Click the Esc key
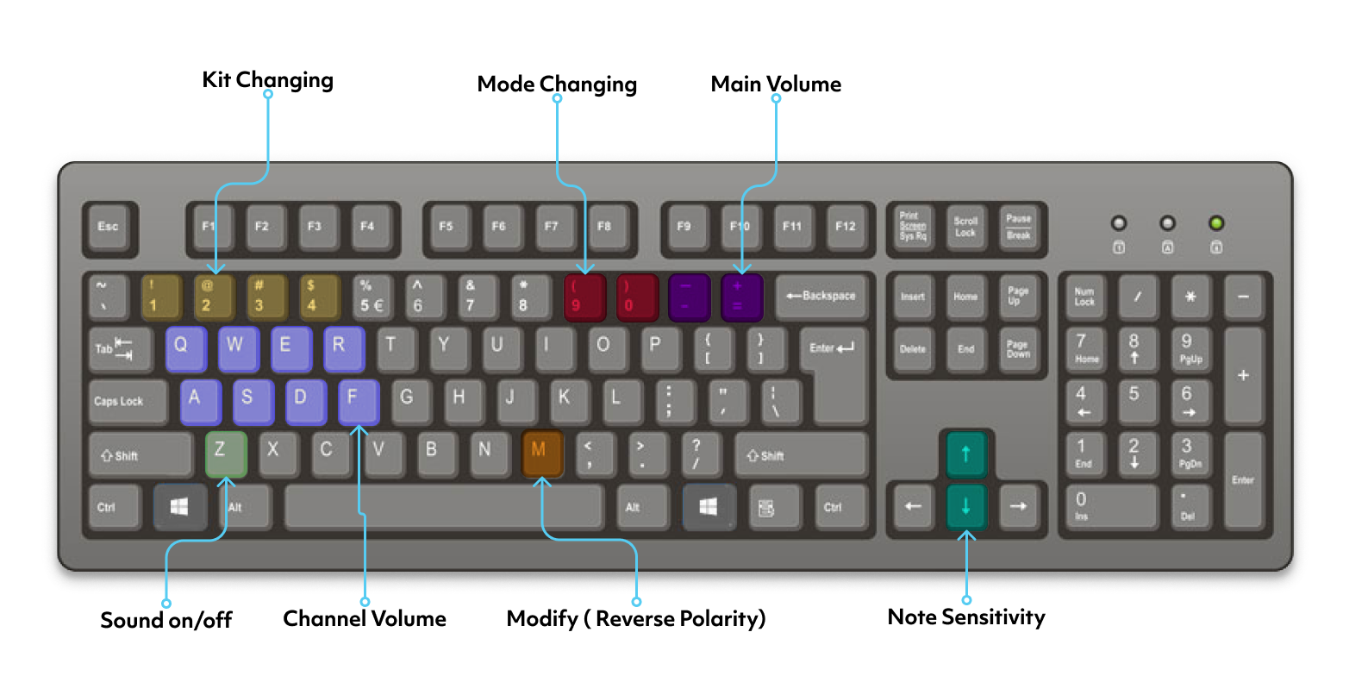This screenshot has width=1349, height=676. point(109,227)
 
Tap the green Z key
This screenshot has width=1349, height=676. point(226,454)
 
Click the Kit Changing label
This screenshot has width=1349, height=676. point(267,81)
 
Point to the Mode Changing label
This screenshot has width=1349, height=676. point(557,84)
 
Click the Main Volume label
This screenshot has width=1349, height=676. point(776,84)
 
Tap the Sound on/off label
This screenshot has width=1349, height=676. point(166,620)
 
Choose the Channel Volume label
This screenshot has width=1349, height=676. point(365,618)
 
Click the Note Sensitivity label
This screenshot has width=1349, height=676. point(966,617)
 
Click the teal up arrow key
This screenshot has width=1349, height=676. point(965,453)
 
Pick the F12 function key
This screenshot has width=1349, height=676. point(846,227)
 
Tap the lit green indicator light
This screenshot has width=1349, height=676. point(1216,224)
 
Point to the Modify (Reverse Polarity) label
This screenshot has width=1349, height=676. point(636,618)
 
